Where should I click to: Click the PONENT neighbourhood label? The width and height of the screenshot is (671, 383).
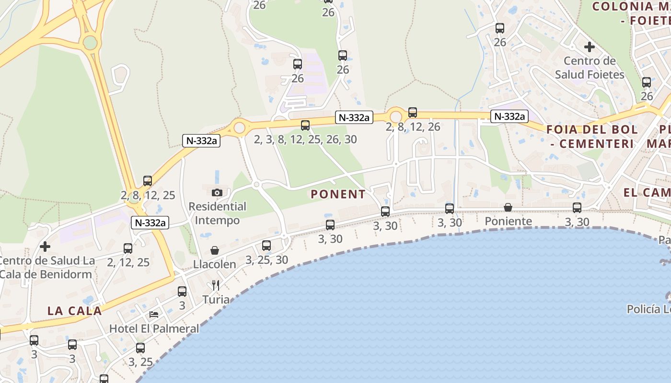[x=338, y=194]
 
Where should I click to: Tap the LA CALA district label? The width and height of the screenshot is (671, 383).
[x=74, y=311]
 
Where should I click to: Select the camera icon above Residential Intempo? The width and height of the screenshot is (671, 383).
[x=217, y=192]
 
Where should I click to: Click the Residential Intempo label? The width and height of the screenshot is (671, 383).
[x=217, y=214]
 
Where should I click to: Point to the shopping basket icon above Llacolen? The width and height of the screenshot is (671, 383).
[x=215, y=250]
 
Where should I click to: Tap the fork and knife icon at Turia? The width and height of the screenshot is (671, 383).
[x=216, y=286]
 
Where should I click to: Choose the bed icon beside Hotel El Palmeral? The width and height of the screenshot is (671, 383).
[x=154, y=315]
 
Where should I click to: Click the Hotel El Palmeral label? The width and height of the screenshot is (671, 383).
[x=154, y=328]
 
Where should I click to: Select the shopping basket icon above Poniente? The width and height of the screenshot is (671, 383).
[x=508, y=207]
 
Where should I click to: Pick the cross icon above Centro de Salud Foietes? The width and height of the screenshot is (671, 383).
[x=590, y=47]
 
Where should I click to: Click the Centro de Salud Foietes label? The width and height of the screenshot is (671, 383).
[x=590, y=68]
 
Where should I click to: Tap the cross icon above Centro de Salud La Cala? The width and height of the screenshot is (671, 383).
[x=45, y=247]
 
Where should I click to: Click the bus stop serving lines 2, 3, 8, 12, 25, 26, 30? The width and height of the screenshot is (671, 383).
[x=305, y=125]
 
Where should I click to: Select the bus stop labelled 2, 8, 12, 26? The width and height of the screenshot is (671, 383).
[x=413, y=113]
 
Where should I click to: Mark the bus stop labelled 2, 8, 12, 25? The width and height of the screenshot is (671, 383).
[x=148, y=181]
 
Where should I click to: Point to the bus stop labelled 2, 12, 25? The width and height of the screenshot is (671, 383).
[x=128, y=248]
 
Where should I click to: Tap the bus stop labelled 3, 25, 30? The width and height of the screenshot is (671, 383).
[x=266, y=246]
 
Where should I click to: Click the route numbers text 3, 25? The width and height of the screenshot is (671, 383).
[x=140, y=362]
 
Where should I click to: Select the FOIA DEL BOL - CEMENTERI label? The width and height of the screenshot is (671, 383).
[x=592, y=136]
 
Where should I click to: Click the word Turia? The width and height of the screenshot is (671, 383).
[x=216, y=300]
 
